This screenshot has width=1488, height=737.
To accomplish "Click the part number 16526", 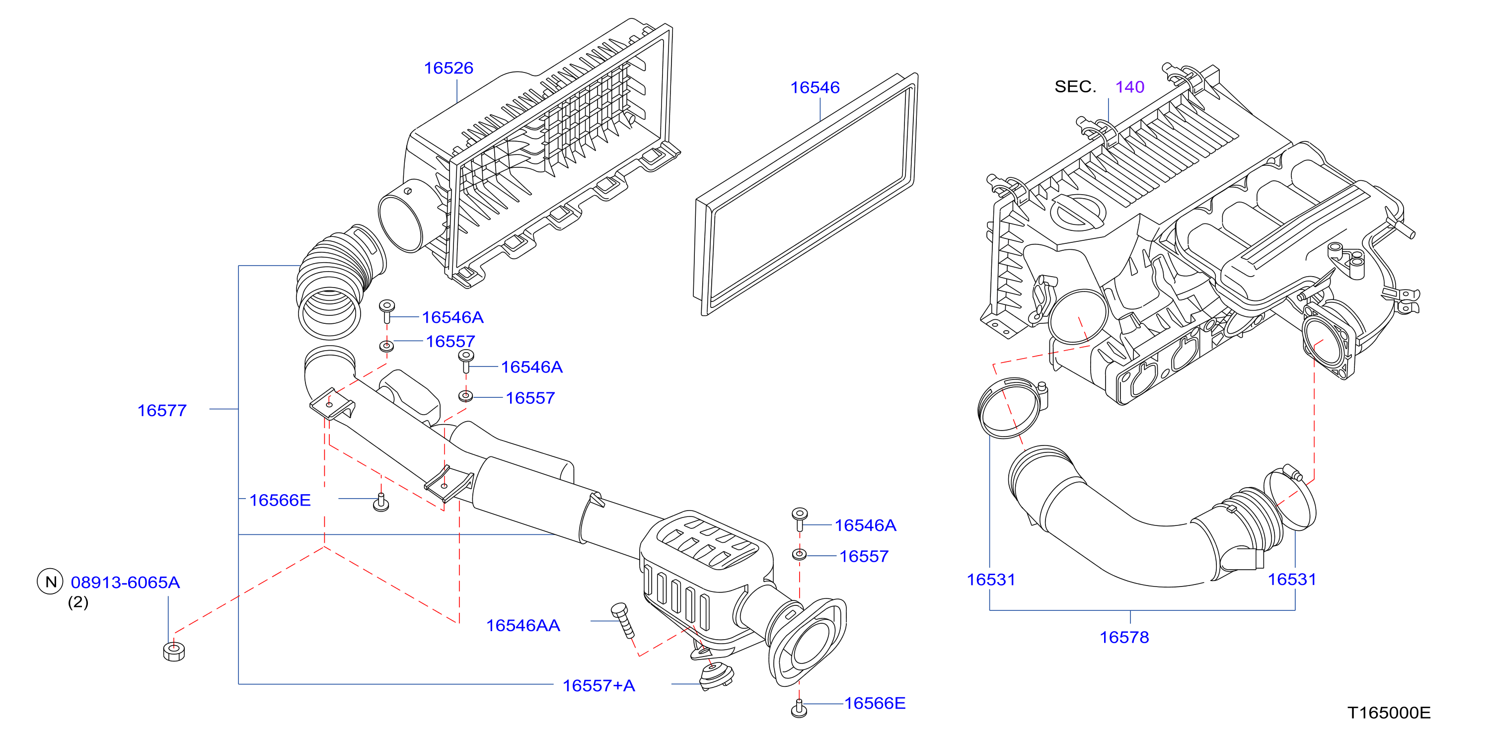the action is [448, 68].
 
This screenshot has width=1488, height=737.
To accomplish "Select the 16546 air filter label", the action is [815, 88].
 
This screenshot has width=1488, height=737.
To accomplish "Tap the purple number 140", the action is [1130, 87].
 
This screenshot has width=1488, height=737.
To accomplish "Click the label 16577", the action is [162, 411].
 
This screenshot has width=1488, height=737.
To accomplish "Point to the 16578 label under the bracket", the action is [1124, 638].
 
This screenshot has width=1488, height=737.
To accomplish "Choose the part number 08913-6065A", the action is [125, 583].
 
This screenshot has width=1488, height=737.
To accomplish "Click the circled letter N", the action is [51, 582].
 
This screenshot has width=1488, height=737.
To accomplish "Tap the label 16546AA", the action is [523, 626].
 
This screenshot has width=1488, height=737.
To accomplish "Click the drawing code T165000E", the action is [1389, 713].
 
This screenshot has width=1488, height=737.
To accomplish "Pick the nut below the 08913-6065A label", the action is [174, 651].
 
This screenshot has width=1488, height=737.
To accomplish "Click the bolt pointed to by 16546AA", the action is [623, 620].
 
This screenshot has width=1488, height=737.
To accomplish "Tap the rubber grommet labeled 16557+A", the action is [716, 677].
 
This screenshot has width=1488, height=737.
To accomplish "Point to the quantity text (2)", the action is [78, 602].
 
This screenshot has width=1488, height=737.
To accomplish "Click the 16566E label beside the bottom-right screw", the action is [875, 704].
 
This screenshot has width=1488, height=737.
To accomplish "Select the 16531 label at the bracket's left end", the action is [991, 580].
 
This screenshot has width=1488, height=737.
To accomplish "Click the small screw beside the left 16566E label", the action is [380, 503].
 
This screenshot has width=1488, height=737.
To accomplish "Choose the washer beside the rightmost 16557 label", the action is [800, 554].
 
